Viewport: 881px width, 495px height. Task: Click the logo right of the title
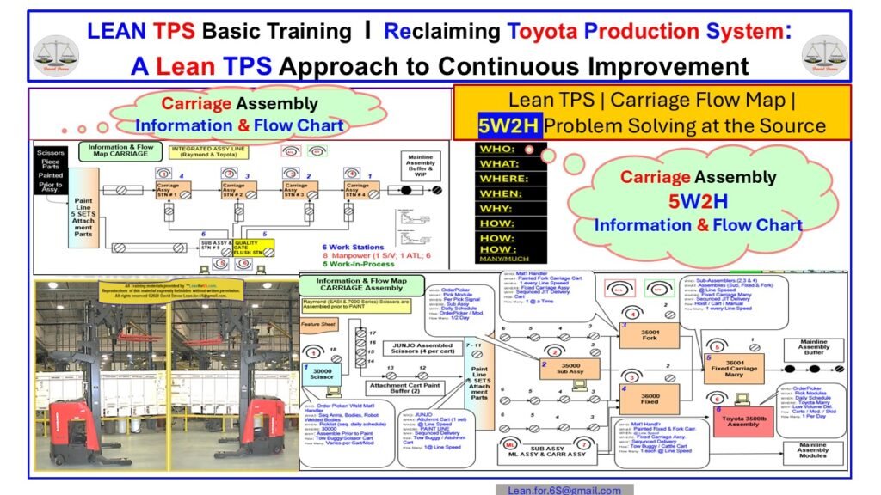tap(824, 53)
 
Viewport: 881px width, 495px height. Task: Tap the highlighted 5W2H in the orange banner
tap(510, 126)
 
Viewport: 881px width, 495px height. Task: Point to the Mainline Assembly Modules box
tap(814, 452)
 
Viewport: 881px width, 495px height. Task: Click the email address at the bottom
tap(564, 490)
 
